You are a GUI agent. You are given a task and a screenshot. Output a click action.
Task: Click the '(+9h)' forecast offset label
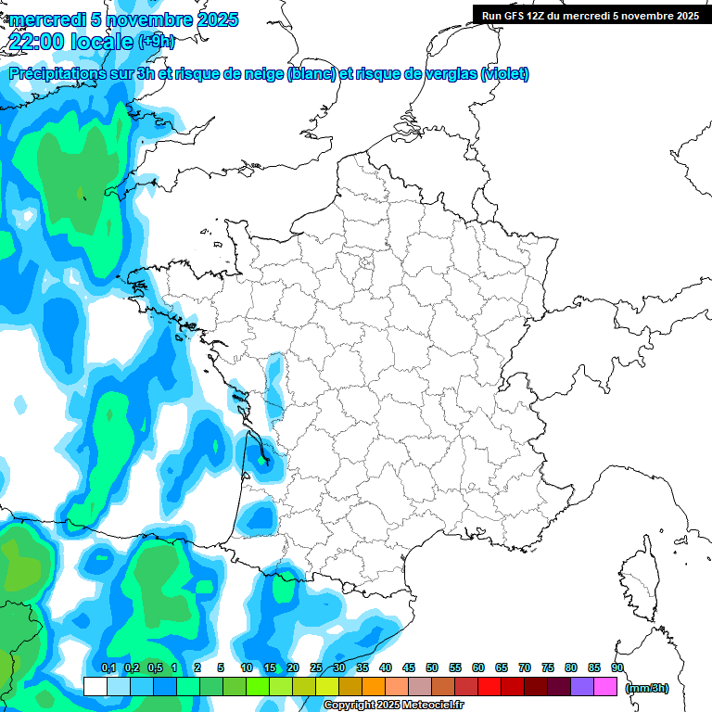click(x=155, y=42)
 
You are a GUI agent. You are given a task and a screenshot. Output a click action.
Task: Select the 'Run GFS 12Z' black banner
click(x=591, y=16)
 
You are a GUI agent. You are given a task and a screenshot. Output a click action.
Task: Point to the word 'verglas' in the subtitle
click(x=451, y=74)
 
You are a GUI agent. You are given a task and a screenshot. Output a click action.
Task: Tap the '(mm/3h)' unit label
click(x=647, y=688)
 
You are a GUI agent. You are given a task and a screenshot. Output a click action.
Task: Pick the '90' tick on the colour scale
click(x=617, y=668)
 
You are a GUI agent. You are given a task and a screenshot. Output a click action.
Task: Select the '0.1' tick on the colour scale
click(x=108, y=668)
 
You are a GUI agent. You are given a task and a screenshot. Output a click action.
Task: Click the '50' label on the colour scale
click(x=432, y=668)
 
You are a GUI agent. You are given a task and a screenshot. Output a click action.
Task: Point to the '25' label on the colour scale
click(x=316, y=668)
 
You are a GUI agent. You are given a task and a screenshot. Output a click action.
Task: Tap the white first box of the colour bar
click(x=95, y=686)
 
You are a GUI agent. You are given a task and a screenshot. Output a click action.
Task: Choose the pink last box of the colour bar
click(x=605, y=686)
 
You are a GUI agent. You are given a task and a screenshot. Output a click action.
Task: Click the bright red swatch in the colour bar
click(x=489, y=686)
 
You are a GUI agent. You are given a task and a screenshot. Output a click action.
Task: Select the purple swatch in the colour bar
click(x=582, y=686)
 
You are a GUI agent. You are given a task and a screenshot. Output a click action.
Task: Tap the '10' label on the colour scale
click(x=247, y=668)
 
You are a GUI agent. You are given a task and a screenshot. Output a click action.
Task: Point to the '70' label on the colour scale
click(x=525, y=668)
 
